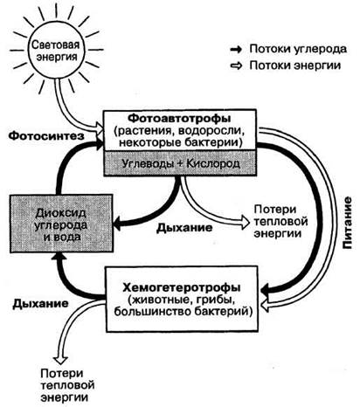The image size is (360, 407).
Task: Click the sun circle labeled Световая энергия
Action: pos(56,51)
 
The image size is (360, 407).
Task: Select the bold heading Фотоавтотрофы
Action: pos(180,118)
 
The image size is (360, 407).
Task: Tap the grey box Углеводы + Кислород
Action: pos(180,163)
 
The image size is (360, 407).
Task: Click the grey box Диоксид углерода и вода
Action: pos(61,224)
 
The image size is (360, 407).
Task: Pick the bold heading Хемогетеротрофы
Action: pos(182,287)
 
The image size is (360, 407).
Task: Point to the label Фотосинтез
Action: pos(46,135)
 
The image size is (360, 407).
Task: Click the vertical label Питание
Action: pos(347,224)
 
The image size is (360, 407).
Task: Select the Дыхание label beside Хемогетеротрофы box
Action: pos(40,303)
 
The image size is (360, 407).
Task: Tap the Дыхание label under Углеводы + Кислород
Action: pos(184,227)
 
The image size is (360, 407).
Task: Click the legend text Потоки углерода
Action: pos(298,49)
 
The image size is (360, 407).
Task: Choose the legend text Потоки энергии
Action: pos(295,66)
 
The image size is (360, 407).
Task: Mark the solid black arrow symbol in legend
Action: pos(236,50)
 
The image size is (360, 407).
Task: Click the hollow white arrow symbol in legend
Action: pos(236,66)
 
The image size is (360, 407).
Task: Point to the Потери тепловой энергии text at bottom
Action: pos(67,385)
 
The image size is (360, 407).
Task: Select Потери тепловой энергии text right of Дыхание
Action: pos(280,221)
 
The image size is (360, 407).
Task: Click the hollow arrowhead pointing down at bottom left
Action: pos(61,359)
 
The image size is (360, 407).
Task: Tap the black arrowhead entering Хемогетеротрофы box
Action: pos(267,290)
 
